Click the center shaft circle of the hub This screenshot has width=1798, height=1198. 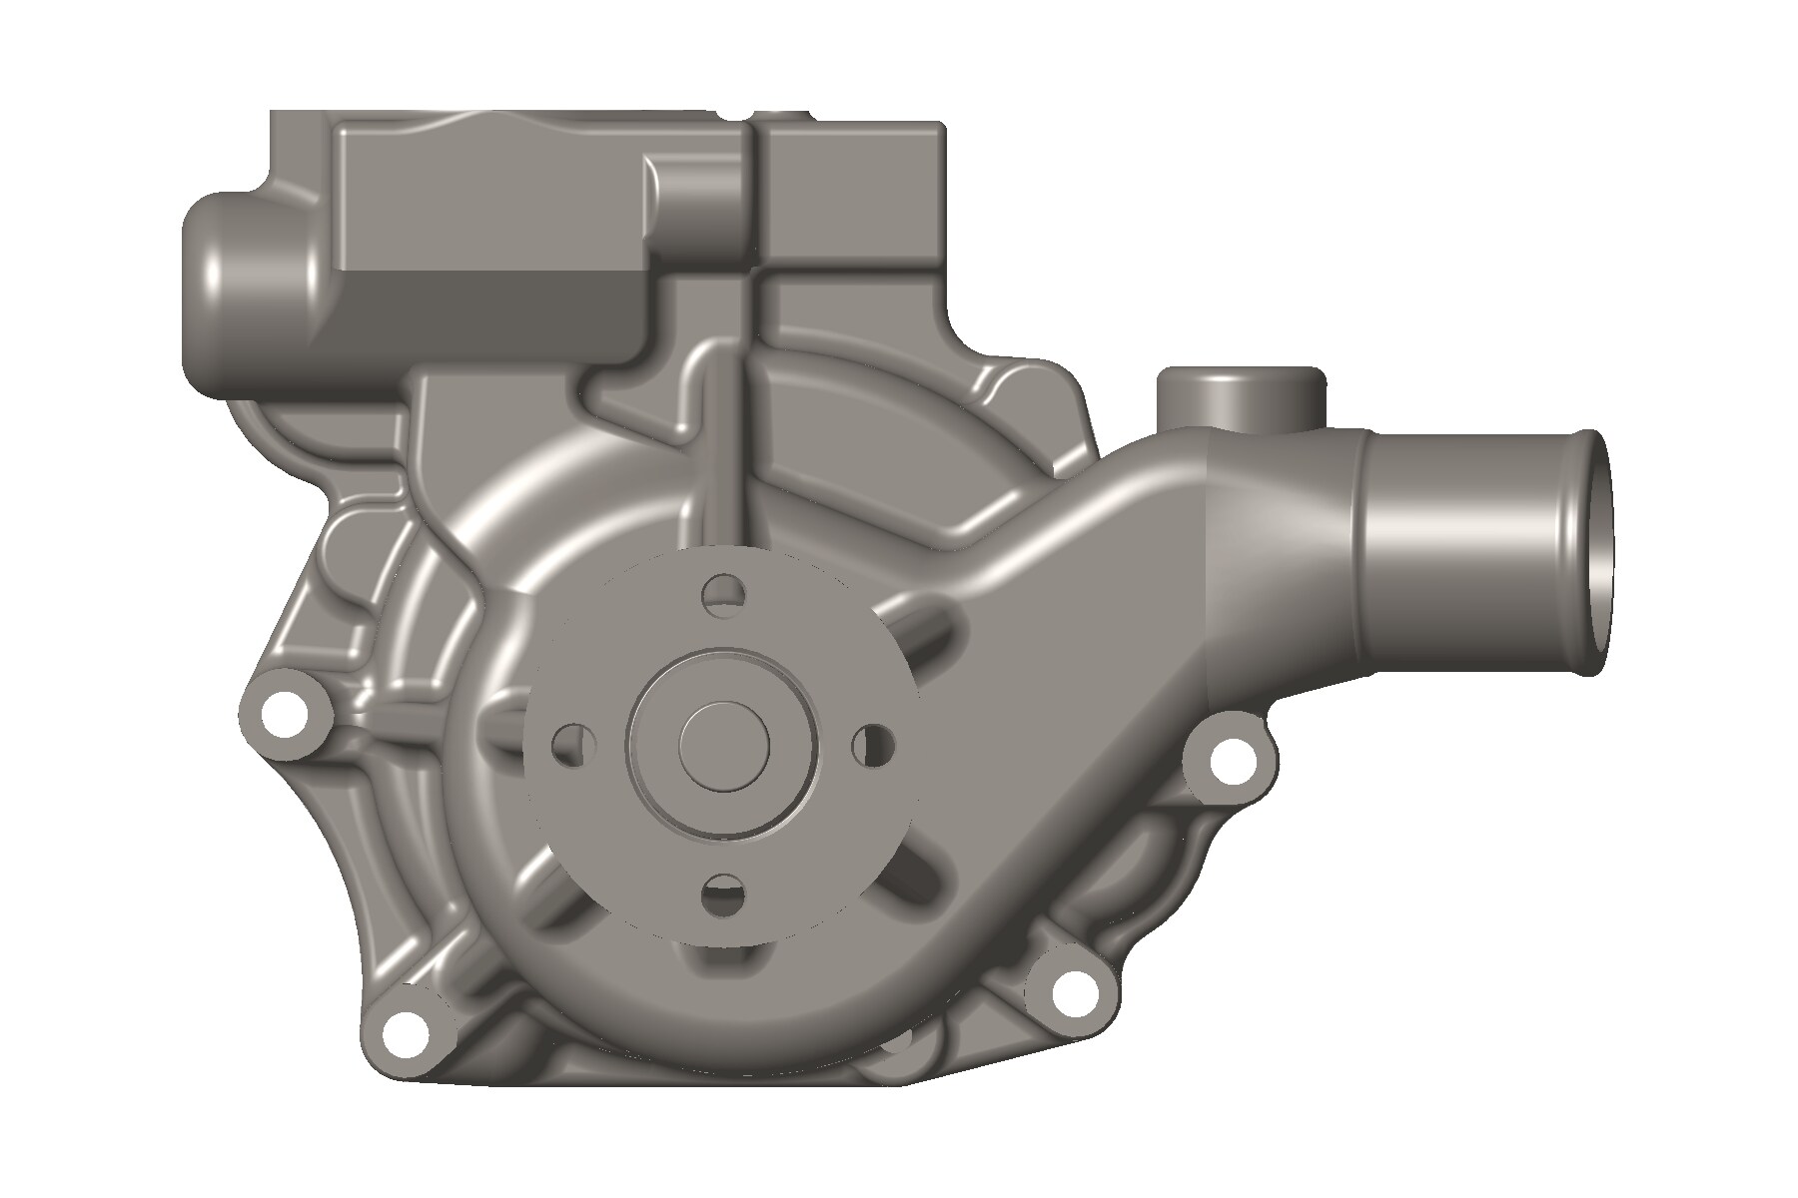coord(724,747)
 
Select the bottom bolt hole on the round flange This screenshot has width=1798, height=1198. coord(724,894)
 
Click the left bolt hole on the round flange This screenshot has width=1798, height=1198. coord(573,745)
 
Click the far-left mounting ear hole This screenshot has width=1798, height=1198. coord(285,712)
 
